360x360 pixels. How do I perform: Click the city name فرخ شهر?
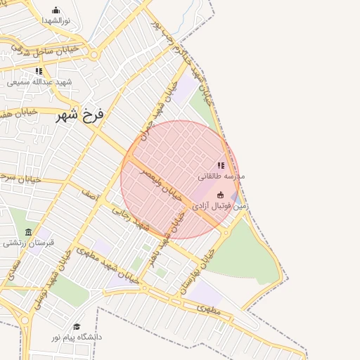(79, 115)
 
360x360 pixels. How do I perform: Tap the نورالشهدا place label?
(56, 21)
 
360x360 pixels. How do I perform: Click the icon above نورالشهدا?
(56, 10)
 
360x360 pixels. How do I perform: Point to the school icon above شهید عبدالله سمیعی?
(39, 71)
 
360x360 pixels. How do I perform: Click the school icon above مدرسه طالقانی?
(221, 165)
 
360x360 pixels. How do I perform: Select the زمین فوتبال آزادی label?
(221, 207)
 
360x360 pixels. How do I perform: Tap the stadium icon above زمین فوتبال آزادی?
(220, 195)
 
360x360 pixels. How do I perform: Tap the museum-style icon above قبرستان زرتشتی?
(28, 233)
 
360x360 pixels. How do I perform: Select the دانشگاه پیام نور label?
(77, 337)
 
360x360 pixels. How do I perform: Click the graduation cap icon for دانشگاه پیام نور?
(77, 327)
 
